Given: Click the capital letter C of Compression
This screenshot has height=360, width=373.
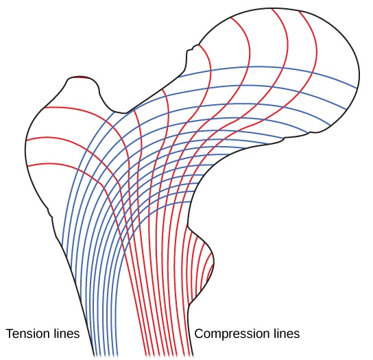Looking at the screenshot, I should (200, 335).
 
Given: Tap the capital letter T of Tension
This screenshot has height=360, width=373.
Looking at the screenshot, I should (10, 335).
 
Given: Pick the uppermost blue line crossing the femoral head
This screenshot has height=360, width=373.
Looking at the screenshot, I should (288, 68).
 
